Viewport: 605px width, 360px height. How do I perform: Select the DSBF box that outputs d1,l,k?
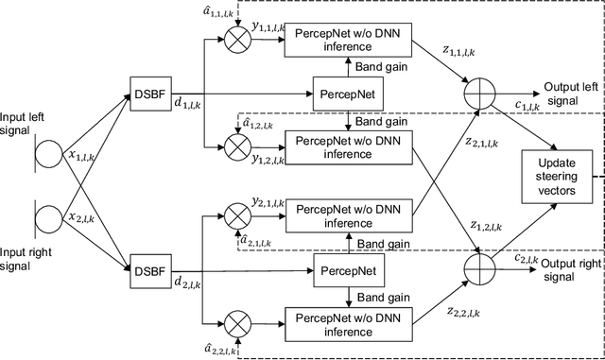148,94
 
